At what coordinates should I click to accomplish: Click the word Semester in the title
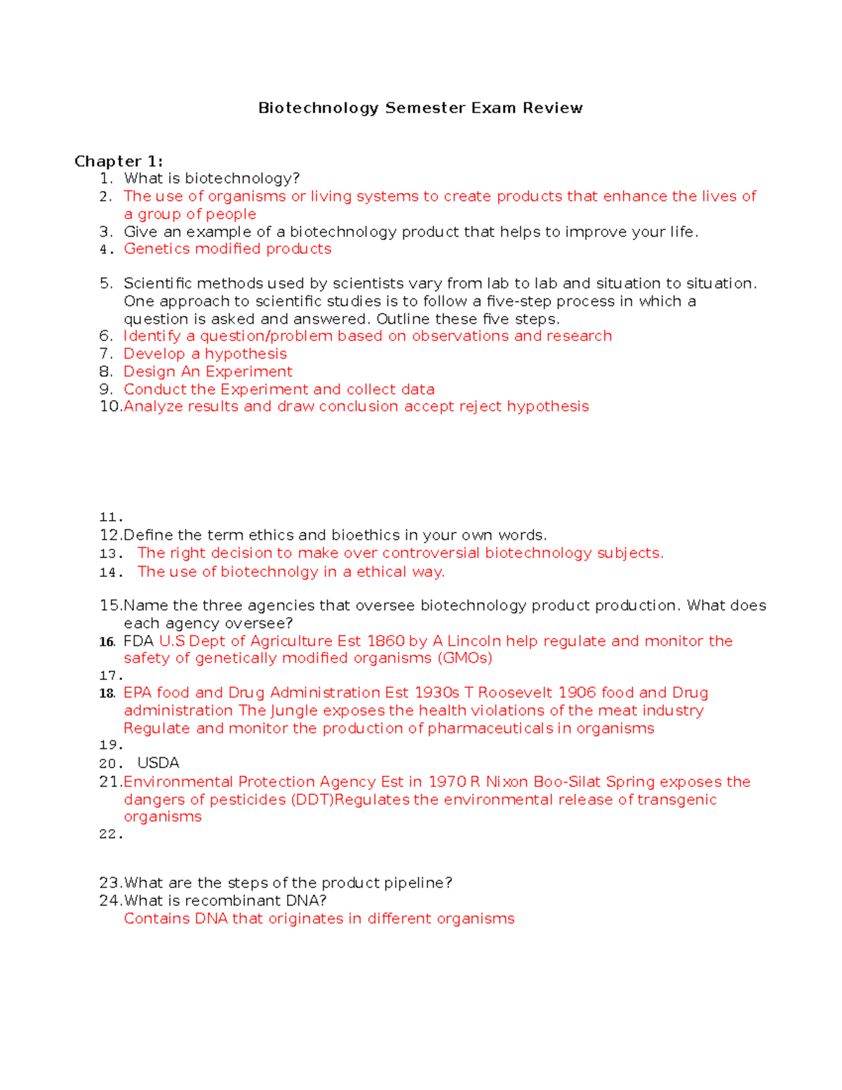click(425, 108)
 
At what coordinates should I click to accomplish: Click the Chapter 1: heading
click(119, 161)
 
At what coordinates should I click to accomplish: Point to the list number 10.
click(110, 406)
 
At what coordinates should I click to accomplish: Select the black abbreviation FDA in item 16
click(138, 642)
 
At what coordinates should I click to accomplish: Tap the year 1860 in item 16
click(385, 642)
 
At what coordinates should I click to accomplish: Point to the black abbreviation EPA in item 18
click(138, 693)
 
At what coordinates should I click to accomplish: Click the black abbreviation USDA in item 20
click(159, 763)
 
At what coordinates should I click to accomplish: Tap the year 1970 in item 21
click(446, 782)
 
